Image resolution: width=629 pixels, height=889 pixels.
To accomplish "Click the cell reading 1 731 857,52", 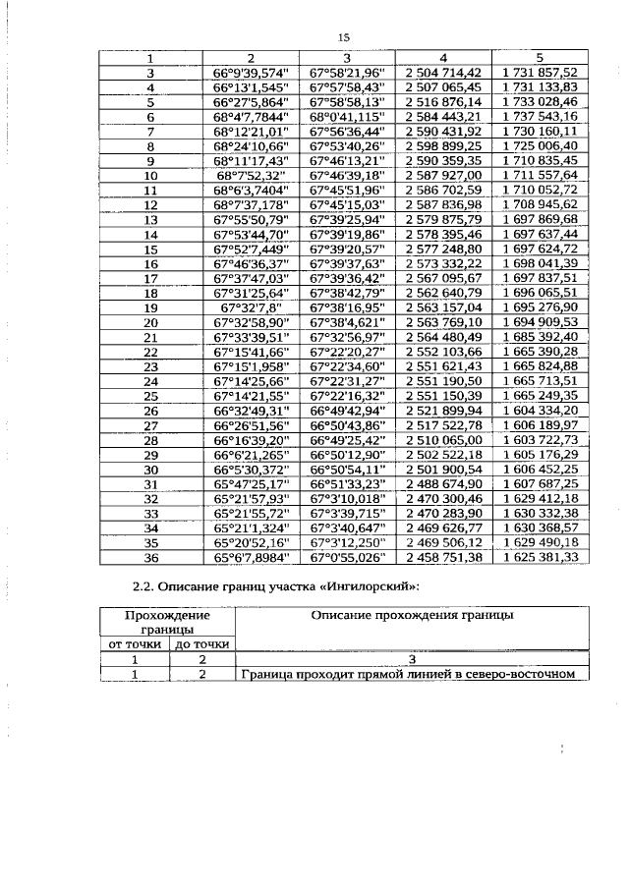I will click(x=539, y=73).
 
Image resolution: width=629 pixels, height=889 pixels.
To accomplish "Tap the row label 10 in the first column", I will click(x=151, y=175).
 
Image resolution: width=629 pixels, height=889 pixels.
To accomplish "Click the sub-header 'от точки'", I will click(x=137, y=644).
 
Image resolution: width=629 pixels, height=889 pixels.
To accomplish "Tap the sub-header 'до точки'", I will click(x=201, y=644).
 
